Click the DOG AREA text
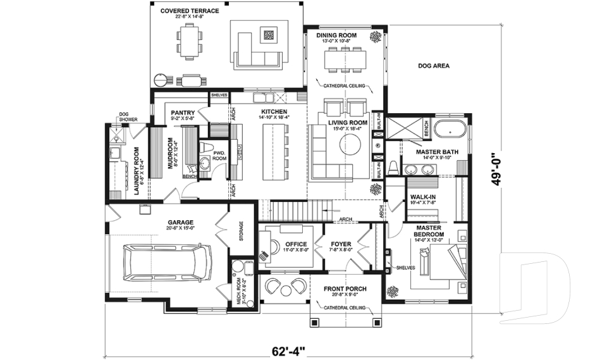pyautogui.click(x=434, y=65)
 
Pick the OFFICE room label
pyautogui.click(x=296, y=244)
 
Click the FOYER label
pyautogui.click(x=341, y=244)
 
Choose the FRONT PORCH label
pyautogui.click(x=345, y=289)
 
